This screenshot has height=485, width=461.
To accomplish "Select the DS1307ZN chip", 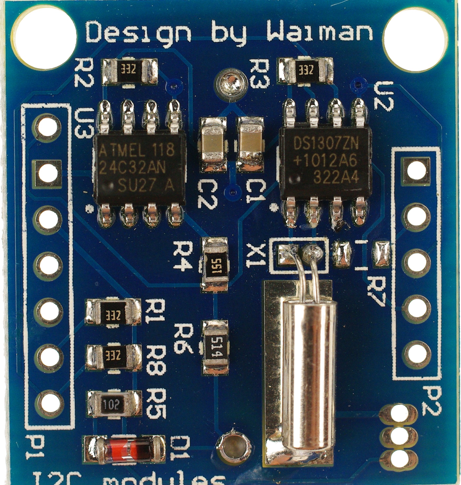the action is [x=326, y=164].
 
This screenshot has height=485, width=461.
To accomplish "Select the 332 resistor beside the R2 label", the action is [x=130, y=72].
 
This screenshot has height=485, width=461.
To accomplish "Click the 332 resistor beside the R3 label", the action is [x=305, y=71].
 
